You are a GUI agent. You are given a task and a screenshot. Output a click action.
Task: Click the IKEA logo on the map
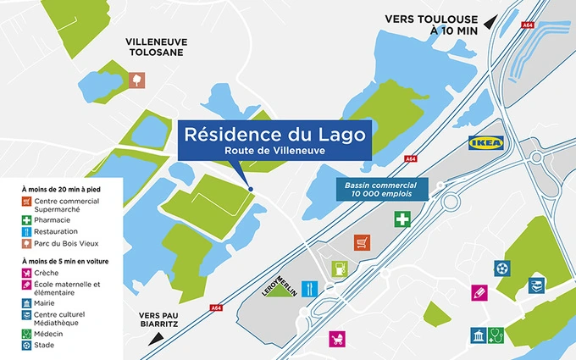coord(490,144)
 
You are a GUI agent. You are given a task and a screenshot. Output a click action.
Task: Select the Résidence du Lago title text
coord(274,134)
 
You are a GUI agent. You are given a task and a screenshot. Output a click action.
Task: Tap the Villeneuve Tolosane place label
coord(157,47)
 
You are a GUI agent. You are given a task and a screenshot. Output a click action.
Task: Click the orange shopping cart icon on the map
coord(362,241)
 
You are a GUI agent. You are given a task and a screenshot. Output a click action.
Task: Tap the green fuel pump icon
coord(341,269)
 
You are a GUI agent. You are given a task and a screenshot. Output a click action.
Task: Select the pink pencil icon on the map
coord(479,292)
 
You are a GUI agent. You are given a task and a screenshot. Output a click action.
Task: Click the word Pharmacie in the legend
coord(53,219)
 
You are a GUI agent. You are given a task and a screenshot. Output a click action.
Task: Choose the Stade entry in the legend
coord(44,345)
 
